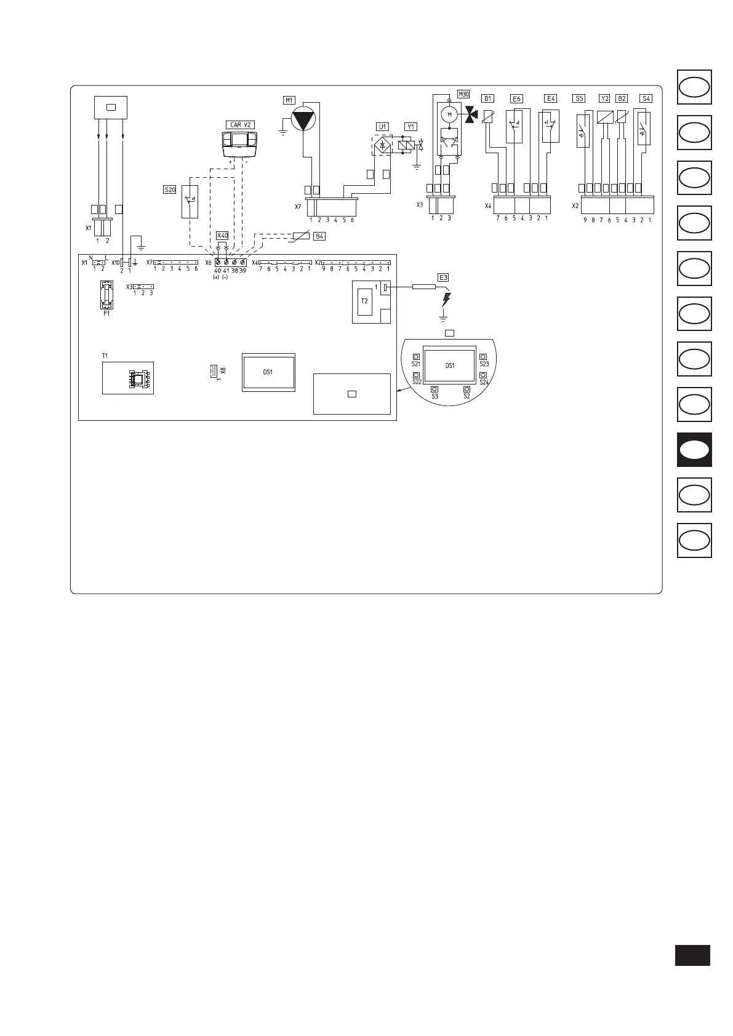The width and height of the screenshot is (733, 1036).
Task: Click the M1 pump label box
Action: [x=289, y=100]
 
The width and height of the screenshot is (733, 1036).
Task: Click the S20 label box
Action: [x=169, y=190]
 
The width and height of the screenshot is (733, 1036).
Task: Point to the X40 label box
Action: [x=222, y=236]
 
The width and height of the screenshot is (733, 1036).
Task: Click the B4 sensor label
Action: [x=319, y=236]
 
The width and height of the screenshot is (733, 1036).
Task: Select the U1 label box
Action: [x=382, y=127]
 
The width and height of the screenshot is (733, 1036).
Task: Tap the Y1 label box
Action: [x=411, y=127]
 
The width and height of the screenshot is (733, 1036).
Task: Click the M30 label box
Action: [x=463, y=94]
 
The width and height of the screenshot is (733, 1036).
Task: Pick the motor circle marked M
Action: [x=449, y=114]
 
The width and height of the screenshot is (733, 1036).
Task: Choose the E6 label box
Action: [x=516, y=98]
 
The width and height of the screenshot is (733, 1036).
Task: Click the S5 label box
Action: [x=579, y=98]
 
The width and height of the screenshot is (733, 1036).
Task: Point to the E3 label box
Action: [x=443, y=277]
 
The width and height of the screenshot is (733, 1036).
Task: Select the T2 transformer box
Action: [x=364, y=301]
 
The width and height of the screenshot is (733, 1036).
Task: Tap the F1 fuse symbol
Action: [x=107, y=295]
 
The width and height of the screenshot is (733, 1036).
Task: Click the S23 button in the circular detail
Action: [x=483, y=357]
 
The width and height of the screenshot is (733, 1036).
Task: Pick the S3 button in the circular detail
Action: [x=435, y=389]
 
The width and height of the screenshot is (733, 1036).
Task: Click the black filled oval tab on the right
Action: [x=694, y=450]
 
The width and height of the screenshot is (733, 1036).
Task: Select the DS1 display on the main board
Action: [x=268, y=372]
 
